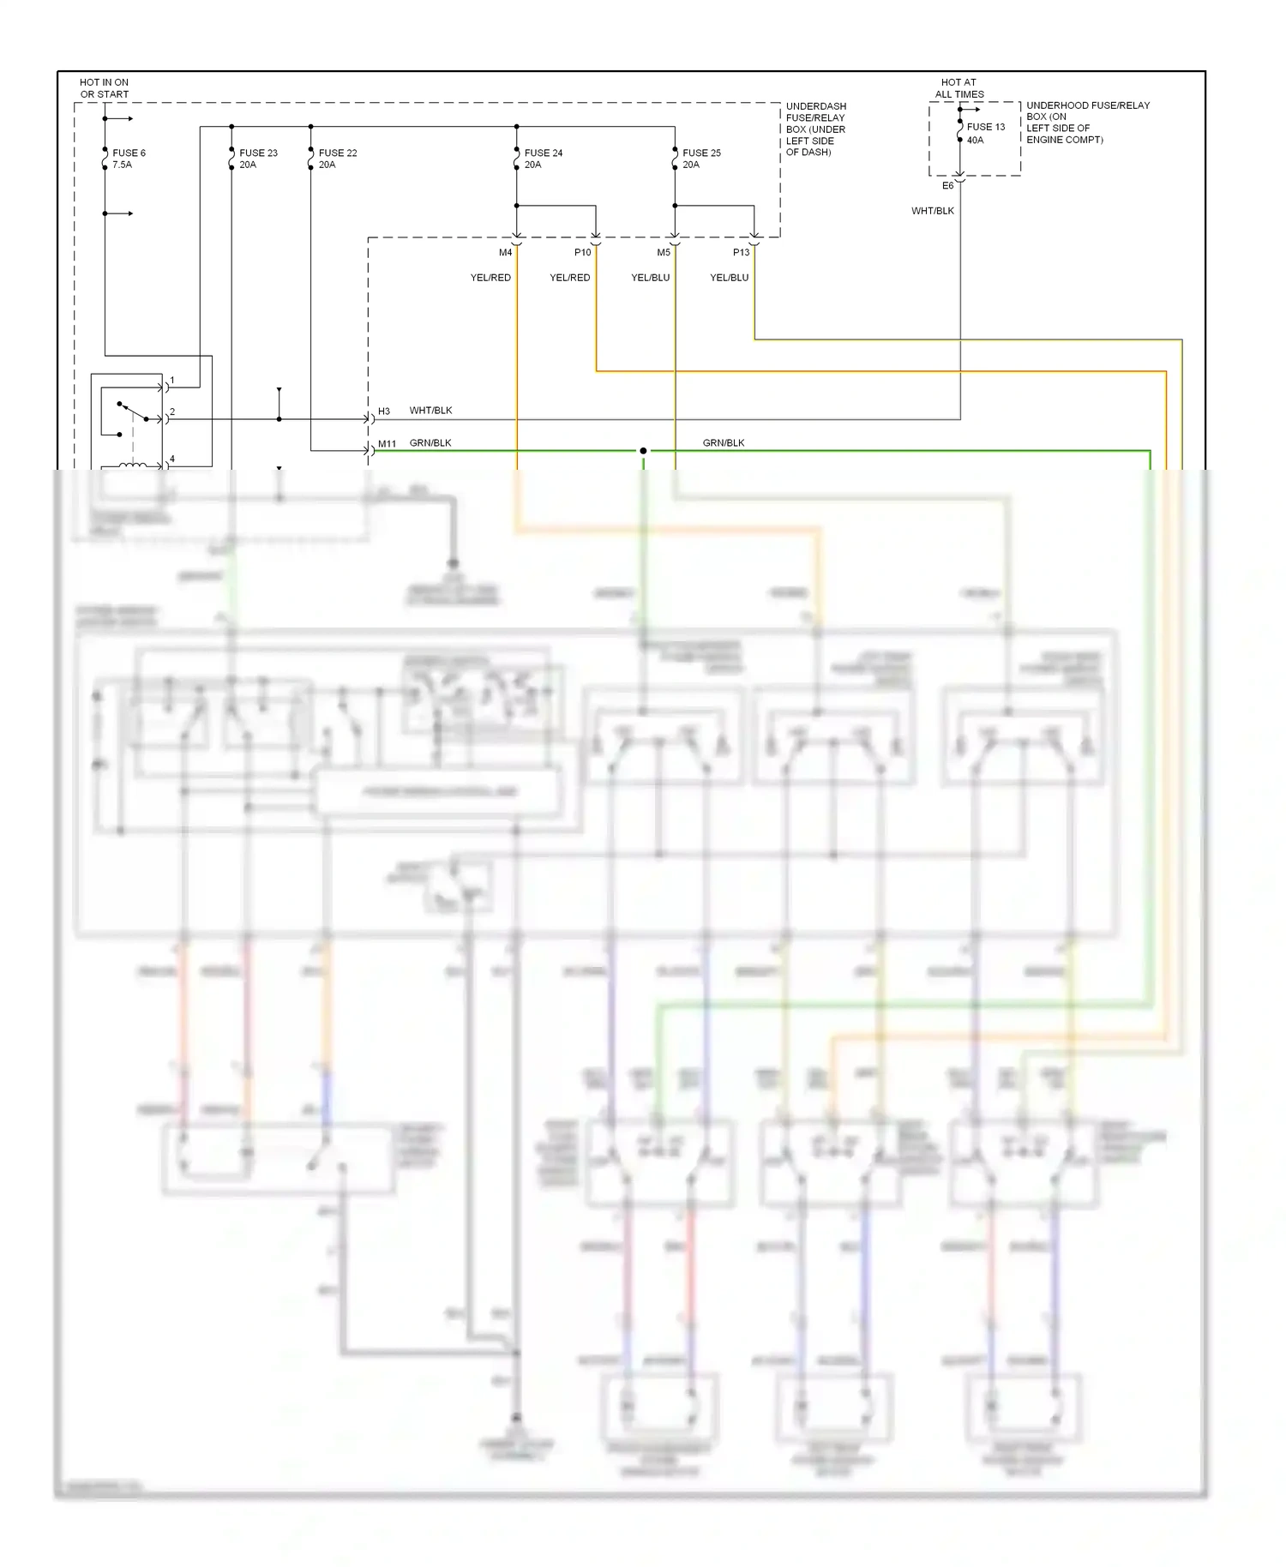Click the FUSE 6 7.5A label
tap(129, 159)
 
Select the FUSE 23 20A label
tap(258, 159)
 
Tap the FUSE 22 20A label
tap(338, 159)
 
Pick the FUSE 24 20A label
tap(544, 159)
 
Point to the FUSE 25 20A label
tap(701, 159)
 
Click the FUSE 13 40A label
tap(985, 133)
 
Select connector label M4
tap(506, 253)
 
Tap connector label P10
tap(582, 253)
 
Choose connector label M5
tap(664, 253)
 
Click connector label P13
tap(741, 253)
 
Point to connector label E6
tap(947, 186)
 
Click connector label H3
tap(384, 411)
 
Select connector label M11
tap(387, 444)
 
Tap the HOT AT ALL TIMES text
tap(958, 88)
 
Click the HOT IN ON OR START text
tap(104, 88)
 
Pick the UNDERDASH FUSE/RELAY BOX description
tap(815, 129)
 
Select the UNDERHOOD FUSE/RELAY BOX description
tap(1087, 123)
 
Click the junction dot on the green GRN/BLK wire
tap(643, 451)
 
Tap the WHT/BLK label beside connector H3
tap(430, 411)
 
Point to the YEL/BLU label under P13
tap(729, 278)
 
